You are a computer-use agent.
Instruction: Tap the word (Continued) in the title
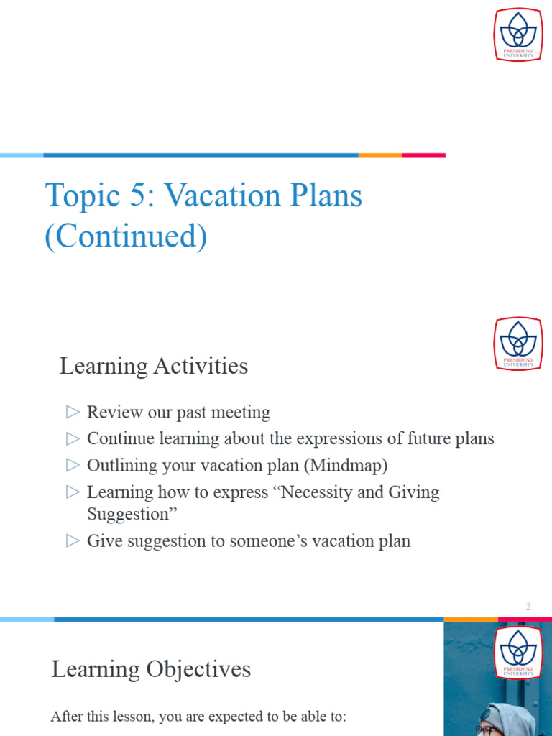pyautogui.click(x=126, y=236)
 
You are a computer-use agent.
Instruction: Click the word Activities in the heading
pyautogui.click(x=201, y=366)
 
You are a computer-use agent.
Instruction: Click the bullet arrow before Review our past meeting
pyautogui.click(x=73, y=412)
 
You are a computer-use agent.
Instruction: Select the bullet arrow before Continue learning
pyautogui.click(x=73, y=438)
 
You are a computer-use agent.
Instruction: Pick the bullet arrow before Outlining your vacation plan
pyautogui.click(x=73, y=465)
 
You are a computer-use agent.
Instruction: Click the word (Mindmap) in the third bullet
pyautogui.click(x=346, y=466)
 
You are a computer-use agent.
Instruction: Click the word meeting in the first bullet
pyautogui.click(x=242, y=413)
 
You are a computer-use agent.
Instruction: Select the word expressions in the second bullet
pyautogui.click(x=339, y=438)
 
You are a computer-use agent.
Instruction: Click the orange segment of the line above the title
pyautogui.click(x=379, y=155)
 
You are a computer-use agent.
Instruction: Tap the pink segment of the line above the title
pyautogui.click(x=423, y=155)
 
